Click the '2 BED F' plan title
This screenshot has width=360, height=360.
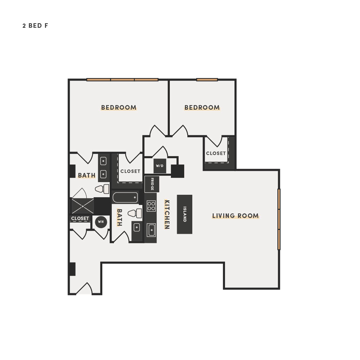[36, 26]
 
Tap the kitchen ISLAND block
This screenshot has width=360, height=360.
[185, 214]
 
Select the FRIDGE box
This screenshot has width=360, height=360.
[152, 184]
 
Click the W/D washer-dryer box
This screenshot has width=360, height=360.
[160, 166]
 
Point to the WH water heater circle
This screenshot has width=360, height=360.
[101, 222]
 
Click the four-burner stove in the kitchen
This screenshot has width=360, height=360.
[151, 206]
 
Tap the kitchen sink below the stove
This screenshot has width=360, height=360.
[151, 230]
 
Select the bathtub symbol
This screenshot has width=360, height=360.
[125, 198]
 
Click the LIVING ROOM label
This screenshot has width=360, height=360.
[235, 216]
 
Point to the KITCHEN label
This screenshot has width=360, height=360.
[167, 214]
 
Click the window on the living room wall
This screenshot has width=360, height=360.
[279, 219]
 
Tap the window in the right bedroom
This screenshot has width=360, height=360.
[207, 80]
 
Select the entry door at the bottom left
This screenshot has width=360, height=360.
[84, 289]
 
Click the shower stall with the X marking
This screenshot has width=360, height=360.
[83, 206]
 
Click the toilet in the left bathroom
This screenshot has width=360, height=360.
[102, 189]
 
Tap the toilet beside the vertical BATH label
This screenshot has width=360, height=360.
[135, 213]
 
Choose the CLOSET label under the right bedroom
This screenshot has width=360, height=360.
[216, 153]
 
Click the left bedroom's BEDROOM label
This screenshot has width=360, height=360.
[119, 108]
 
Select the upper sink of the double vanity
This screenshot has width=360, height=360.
[103, 161]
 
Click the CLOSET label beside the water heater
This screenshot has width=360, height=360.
[80, 218]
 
